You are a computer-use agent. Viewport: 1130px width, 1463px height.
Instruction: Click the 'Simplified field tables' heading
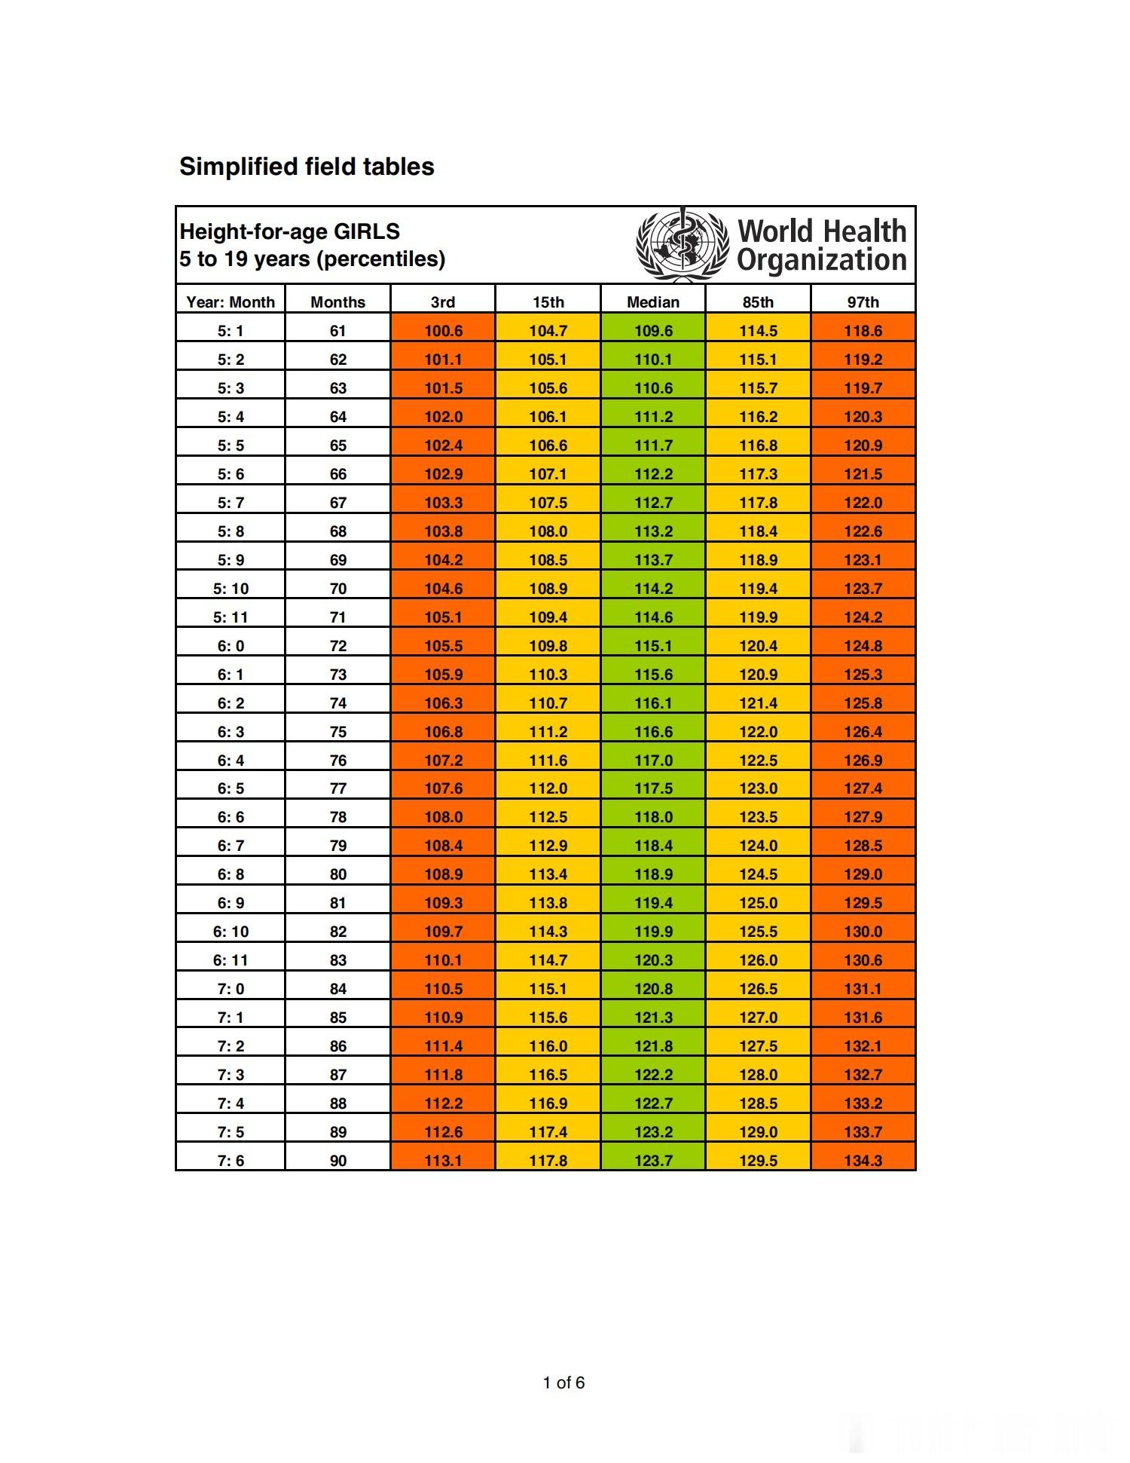[x=307, y=167]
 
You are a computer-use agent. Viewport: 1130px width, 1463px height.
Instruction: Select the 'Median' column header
[x=653, y=302]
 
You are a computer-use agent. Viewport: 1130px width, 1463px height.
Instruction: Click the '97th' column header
[x=863, y=302]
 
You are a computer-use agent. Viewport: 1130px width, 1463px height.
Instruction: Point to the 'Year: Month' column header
[x=231, y=302]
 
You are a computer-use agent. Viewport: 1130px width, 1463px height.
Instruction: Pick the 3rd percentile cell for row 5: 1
[x=443, y=331]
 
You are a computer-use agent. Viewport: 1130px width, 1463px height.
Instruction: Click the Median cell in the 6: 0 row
[x=653, y=646]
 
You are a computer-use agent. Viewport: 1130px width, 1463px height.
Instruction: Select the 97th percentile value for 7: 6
[x=863, y=1161]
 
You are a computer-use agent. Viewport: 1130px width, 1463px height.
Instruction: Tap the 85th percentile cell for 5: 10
[x=759, y=589]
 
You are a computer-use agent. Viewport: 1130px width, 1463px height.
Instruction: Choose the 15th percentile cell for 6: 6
[x=548, y=817]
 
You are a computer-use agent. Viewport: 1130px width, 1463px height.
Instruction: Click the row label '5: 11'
[x=231, y=617]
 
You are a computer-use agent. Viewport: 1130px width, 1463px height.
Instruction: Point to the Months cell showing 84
[x=338, y=989]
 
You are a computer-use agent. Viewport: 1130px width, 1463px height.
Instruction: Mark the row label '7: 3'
[x=231, y=1075]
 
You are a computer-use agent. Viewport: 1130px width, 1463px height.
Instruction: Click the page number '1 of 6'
[x=563, y=1382]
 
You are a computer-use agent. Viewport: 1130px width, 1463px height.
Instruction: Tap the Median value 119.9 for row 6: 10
[x=653, y=932]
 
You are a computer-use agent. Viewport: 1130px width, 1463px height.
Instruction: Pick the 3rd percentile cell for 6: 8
[x=443, y=874]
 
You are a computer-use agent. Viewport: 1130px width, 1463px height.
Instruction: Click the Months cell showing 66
[x=338, y=474]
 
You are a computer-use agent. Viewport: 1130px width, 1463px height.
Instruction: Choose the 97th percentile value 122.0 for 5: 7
[x=863, y=503]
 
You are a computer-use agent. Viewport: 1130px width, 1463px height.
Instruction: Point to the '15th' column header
[x=548, y=302]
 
